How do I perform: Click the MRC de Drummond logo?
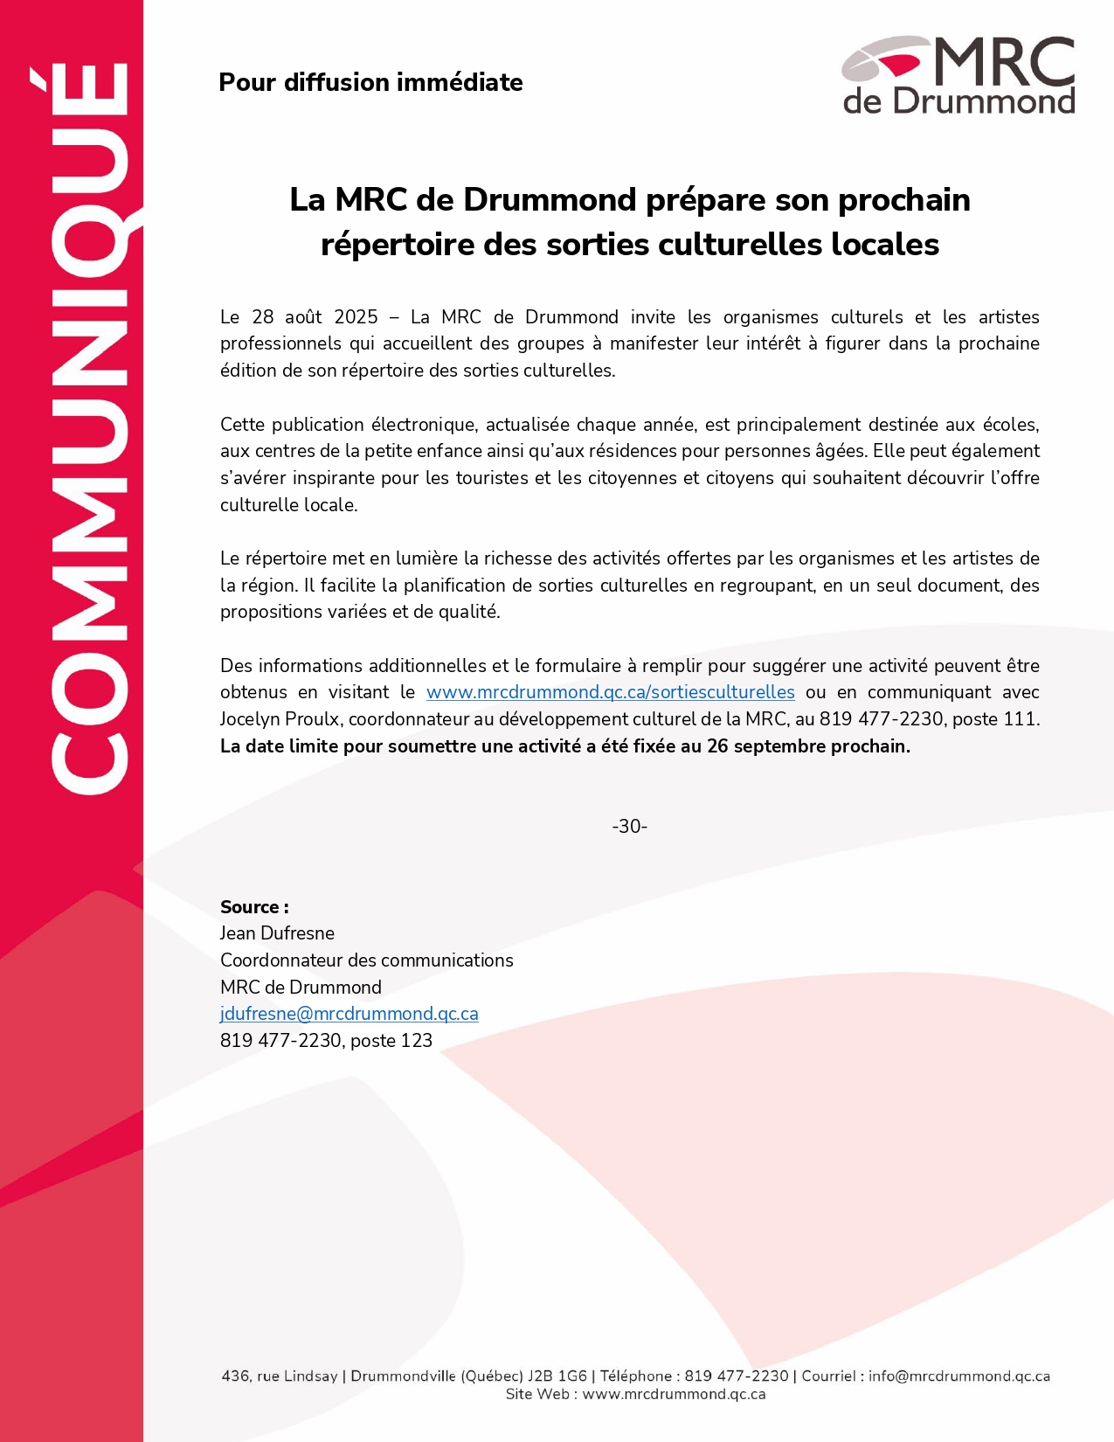point(958,75)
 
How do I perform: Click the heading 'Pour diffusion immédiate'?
point(370,82)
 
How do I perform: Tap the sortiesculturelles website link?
point(610,692)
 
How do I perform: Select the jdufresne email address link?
point(349,1014)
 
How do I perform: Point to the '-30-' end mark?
point(629,826)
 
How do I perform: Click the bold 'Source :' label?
point(254,907)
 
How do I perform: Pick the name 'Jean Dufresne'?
point(277,933)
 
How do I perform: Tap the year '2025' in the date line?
point(356,316)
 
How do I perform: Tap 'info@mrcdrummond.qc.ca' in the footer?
point(959,1376)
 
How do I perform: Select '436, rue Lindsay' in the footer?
point(280,1376)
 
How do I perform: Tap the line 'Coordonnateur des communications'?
point(366,960)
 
